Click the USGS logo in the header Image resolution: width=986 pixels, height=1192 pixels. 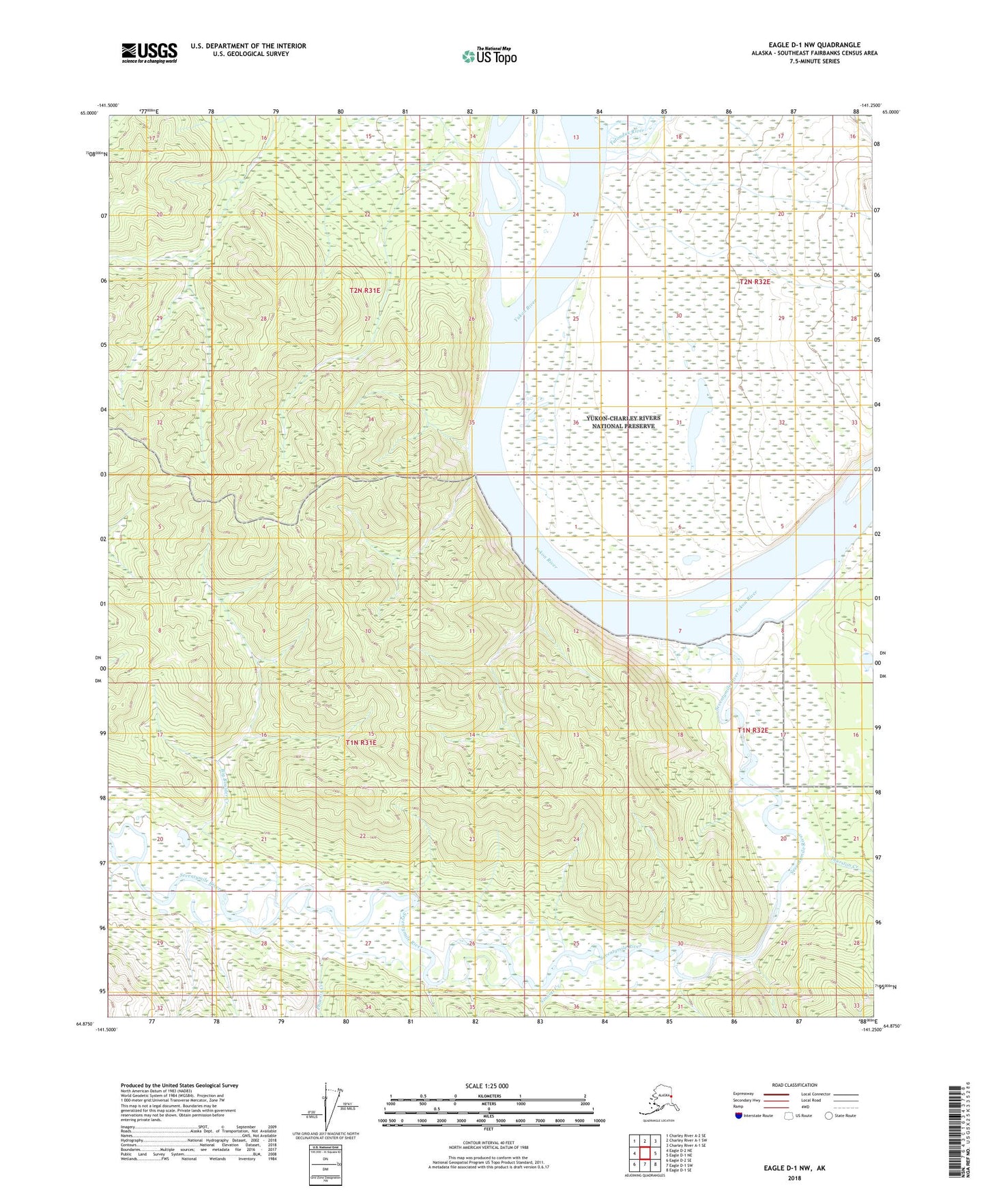tap(149, 53)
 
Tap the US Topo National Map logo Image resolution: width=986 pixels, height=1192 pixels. tap(489, 56)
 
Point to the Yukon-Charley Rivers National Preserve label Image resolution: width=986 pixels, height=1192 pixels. tap(623, 422)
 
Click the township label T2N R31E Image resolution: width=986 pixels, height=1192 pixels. tap(364, 291)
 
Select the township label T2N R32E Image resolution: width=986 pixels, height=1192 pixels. tap(755, 282)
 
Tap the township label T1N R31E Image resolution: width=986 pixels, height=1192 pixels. tap(360, 742)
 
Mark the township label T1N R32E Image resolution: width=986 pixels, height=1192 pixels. tap(753, 730)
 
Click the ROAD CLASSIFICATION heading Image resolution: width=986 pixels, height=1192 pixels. tap(794, 1085)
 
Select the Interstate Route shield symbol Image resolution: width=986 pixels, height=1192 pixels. tap(738, 1116)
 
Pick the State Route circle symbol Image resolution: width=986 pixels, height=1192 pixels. tap(829, 1116)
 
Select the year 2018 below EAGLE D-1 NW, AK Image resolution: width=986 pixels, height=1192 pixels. tap(794, 1177)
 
